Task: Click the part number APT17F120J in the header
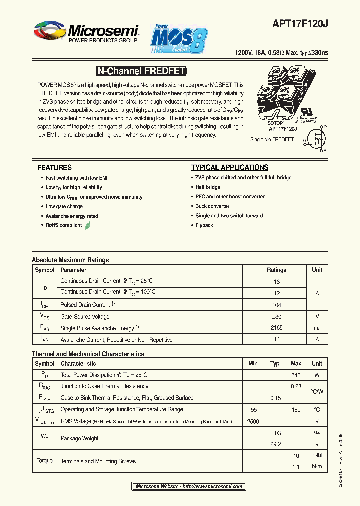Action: (x=300, y=23)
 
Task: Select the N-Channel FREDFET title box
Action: (x=140, y=71)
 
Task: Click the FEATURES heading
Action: (x=54, y=168)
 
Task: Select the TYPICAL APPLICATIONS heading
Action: (x=230, y=168)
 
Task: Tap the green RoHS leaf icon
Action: (x=88, y=225)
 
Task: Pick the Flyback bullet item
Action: (x=204, y=225)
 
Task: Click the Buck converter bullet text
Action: (x=212, y=206)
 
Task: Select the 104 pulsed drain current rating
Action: (x=276, y=305)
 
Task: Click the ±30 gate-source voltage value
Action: (x=276, y=317)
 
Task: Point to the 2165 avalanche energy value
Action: (x=276, y=328)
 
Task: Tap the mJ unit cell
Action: (x=317, y=328)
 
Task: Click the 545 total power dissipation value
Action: (x=296, y=375)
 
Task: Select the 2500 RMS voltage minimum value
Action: (x=253, y=421)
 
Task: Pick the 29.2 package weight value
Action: (x=275, y=443)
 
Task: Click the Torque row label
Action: (x=44, y=460)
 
